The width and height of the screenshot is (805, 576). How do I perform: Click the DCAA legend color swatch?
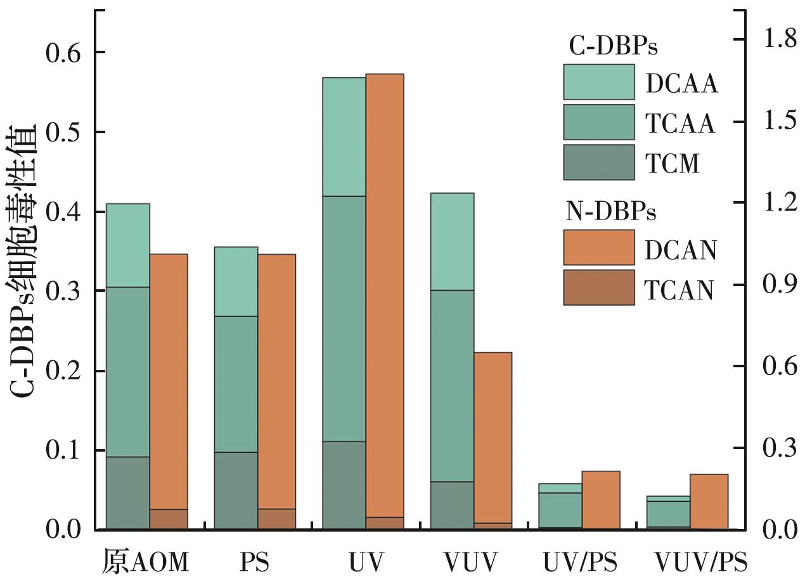[599, 82]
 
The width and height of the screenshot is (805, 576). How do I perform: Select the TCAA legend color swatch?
[599, 122]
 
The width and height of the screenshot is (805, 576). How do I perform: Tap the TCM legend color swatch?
[599, 162]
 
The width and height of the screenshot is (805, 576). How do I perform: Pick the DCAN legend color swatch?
[599, 247]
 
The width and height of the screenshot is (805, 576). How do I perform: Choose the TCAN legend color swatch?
[599, 287]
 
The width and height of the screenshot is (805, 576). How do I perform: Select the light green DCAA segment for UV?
[344, 137]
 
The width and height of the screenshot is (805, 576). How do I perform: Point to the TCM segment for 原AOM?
[128, 493]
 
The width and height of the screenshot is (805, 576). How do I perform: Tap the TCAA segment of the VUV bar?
[452, 386]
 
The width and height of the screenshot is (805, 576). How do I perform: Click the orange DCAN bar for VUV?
[493, 437]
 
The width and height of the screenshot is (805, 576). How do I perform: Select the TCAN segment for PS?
[276, 519]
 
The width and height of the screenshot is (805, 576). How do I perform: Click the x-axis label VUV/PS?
[700, 562]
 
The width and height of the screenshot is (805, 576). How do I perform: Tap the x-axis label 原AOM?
[145, 562]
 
